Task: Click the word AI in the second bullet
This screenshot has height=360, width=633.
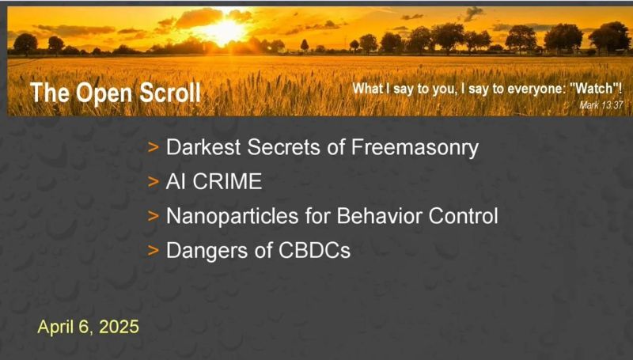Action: [x=176, y=182]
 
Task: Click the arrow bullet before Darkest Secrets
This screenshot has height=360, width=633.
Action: [x=153, y=148]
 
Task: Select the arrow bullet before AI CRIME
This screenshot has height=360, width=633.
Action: [x=153, y=182]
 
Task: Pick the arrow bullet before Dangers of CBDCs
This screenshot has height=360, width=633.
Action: [x=153, y=250]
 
